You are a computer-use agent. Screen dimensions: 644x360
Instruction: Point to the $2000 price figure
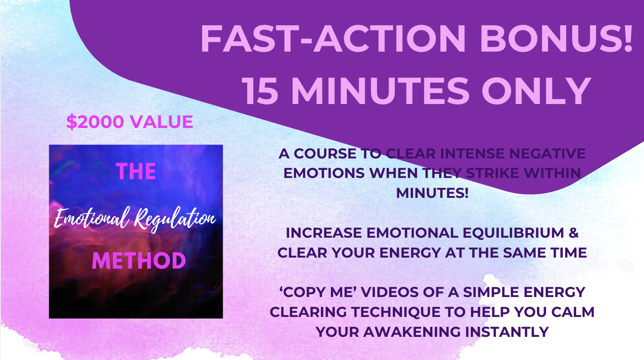pos(95,121)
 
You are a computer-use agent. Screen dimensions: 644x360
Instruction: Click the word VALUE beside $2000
pos(161,121)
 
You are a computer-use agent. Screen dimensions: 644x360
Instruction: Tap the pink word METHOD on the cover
pos(139,261)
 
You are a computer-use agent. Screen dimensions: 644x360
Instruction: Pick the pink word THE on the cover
pos(136,171)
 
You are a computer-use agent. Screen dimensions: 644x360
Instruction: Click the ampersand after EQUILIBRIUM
pos(574,233)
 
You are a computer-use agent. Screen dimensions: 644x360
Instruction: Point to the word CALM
pos(573,312)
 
